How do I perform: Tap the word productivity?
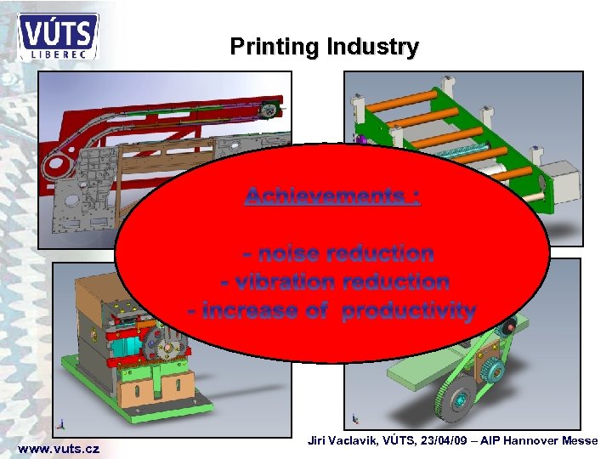pyautogui.click(x=408, y=310)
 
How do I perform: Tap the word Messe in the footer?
pyautogui.click(x=581, y=440)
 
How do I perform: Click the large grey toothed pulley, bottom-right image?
pyautogui.click(x=450, y=399)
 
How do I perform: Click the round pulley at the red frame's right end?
pyautogui.click(x=269, y=109)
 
